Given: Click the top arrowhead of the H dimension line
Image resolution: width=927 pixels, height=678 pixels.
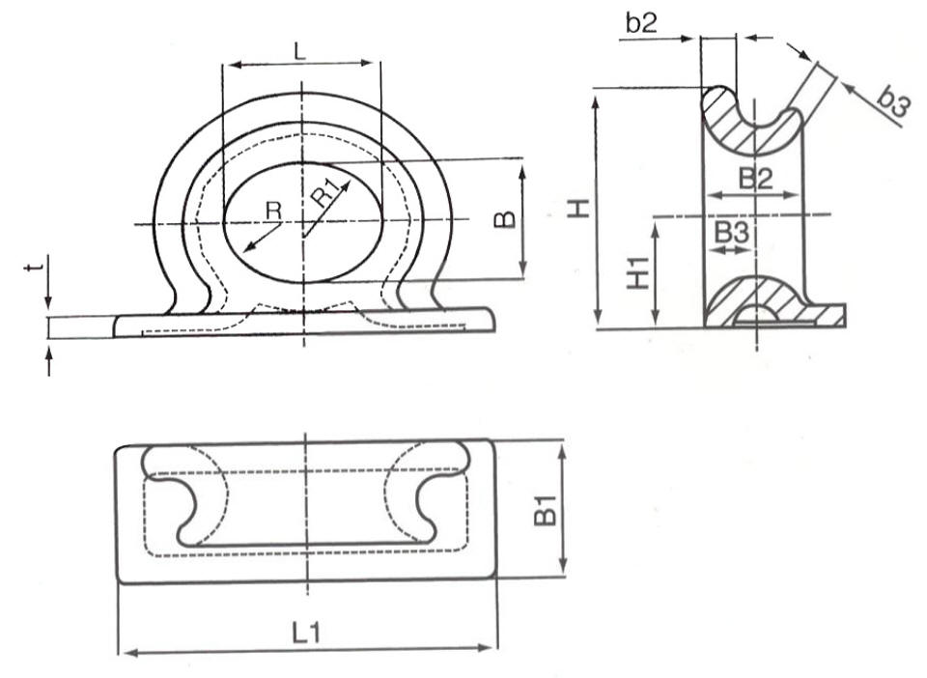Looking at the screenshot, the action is tap(596, 96).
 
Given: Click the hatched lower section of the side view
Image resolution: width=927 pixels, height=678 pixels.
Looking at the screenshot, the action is tap(772, 301).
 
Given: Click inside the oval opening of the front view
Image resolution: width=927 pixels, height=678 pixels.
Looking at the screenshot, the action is tap(302, 223).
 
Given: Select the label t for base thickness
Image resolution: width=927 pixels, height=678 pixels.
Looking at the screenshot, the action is tap(36, 268).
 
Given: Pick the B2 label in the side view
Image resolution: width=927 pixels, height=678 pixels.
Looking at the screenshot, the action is tap(756, 179).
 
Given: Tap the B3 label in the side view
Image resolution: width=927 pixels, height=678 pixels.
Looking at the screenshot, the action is tap(732, 233).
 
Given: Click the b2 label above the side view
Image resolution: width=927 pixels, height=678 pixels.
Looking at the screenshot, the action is tap(641, 23).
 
